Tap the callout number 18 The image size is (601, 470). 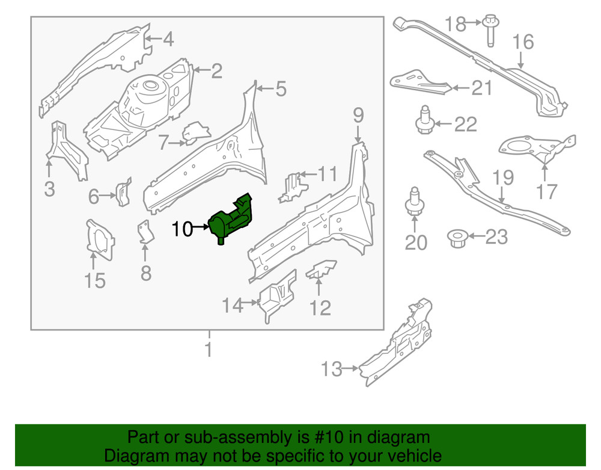(456, 25)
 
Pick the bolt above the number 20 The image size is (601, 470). (414, 203)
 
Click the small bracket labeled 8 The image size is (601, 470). (145, 233)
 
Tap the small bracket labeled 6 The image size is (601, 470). (124, 192)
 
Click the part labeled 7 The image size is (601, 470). (194, 134)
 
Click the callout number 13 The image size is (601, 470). (332, 369)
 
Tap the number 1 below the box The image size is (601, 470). (208, 350)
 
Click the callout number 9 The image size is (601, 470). (358, 114)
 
